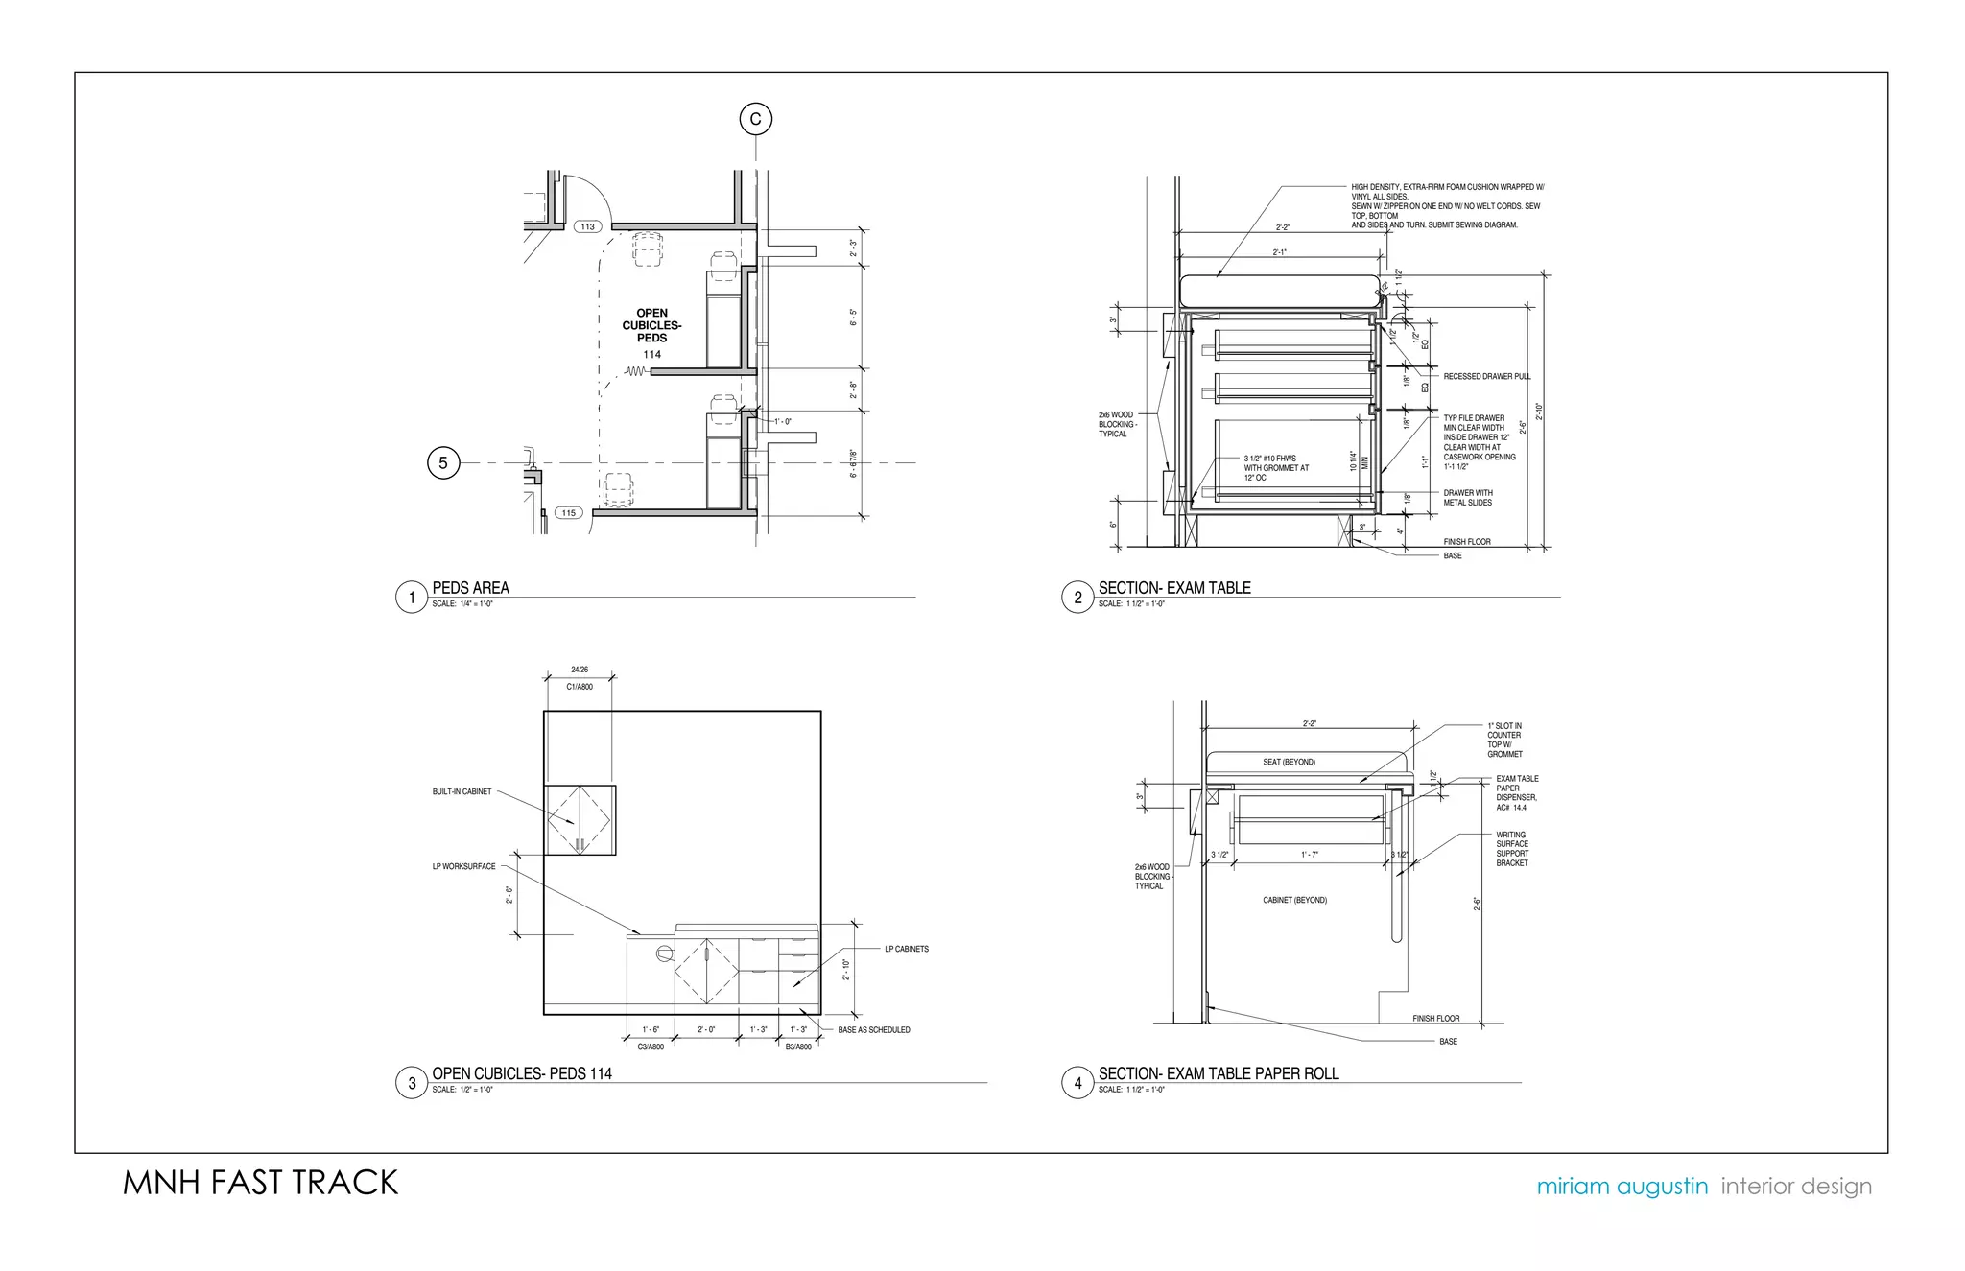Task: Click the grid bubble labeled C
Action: (755, 119)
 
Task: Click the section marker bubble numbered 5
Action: (442, 463)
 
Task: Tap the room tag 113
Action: (587, 227)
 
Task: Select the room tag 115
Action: (569, 513)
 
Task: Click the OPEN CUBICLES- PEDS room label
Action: (651, 325)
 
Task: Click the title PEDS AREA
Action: (470, 588)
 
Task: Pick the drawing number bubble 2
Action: (1077, 598)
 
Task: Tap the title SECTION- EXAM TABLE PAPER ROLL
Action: (1218, 1073)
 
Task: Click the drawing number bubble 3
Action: (412, 1083)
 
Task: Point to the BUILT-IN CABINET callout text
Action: (462, 792)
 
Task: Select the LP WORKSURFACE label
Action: (463, 867)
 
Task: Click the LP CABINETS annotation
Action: (906, 950)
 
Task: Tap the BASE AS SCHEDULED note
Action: (873, 1030)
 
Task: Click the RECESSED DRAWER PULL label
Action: (1486, 377)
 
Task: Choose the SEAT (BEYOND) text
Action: (1289, 763)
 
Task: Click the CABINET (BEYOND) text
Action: (1294, 901)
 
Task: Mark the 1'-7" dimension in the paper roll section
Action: (1309, 855)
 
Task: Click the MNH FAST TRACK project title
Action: (260, 1183)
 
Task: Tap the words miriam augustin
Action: (1622, 1187)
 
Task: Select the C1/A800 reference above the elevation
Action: (580, 687)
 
